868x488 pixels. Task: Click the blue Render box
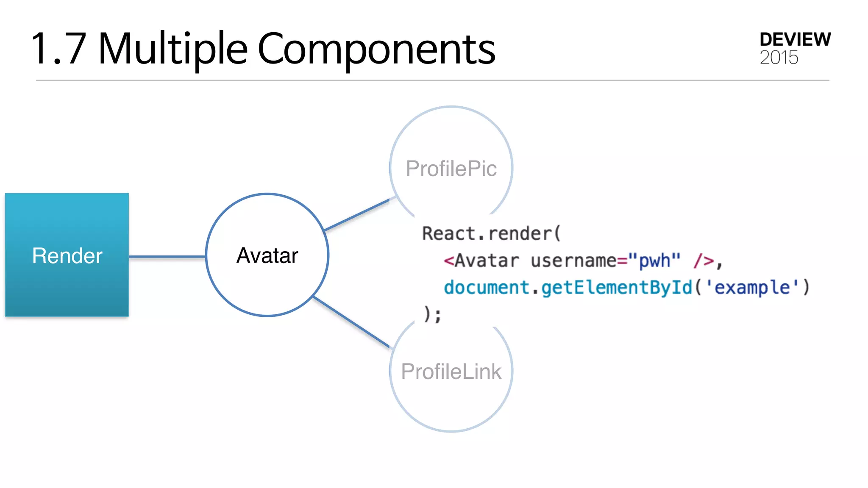click(67, 255)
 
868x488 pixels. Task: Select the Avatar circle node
click(267, 255)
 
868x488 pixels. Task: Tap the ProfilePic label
click(451, 169)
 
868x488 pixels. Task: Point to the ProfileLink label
click(451, 372)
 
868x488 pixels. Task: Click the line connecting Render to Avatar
click(167, 256)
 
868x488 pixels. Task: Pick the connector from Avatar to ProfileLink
click(351, 322)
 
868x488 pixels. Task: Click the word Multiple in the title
click(172, 49)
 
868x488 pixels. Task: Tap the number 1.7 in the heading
click(59, 49)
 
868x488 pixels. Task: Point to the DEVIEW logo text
click(795, 39)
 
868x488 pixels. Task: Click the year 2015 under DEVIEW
click(779, 58)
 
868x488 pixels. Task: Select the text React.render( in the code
click(491, 233)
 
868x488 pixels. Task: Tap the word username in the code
click(573, 261)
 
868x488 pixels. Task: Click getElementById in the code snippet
click(617, 288)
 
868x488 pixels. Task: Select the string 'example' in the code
click(752, 288)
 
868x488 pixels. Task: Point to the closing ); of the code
click(432, 314)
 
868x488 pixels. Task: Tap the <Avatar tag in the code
click(481, 261)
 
